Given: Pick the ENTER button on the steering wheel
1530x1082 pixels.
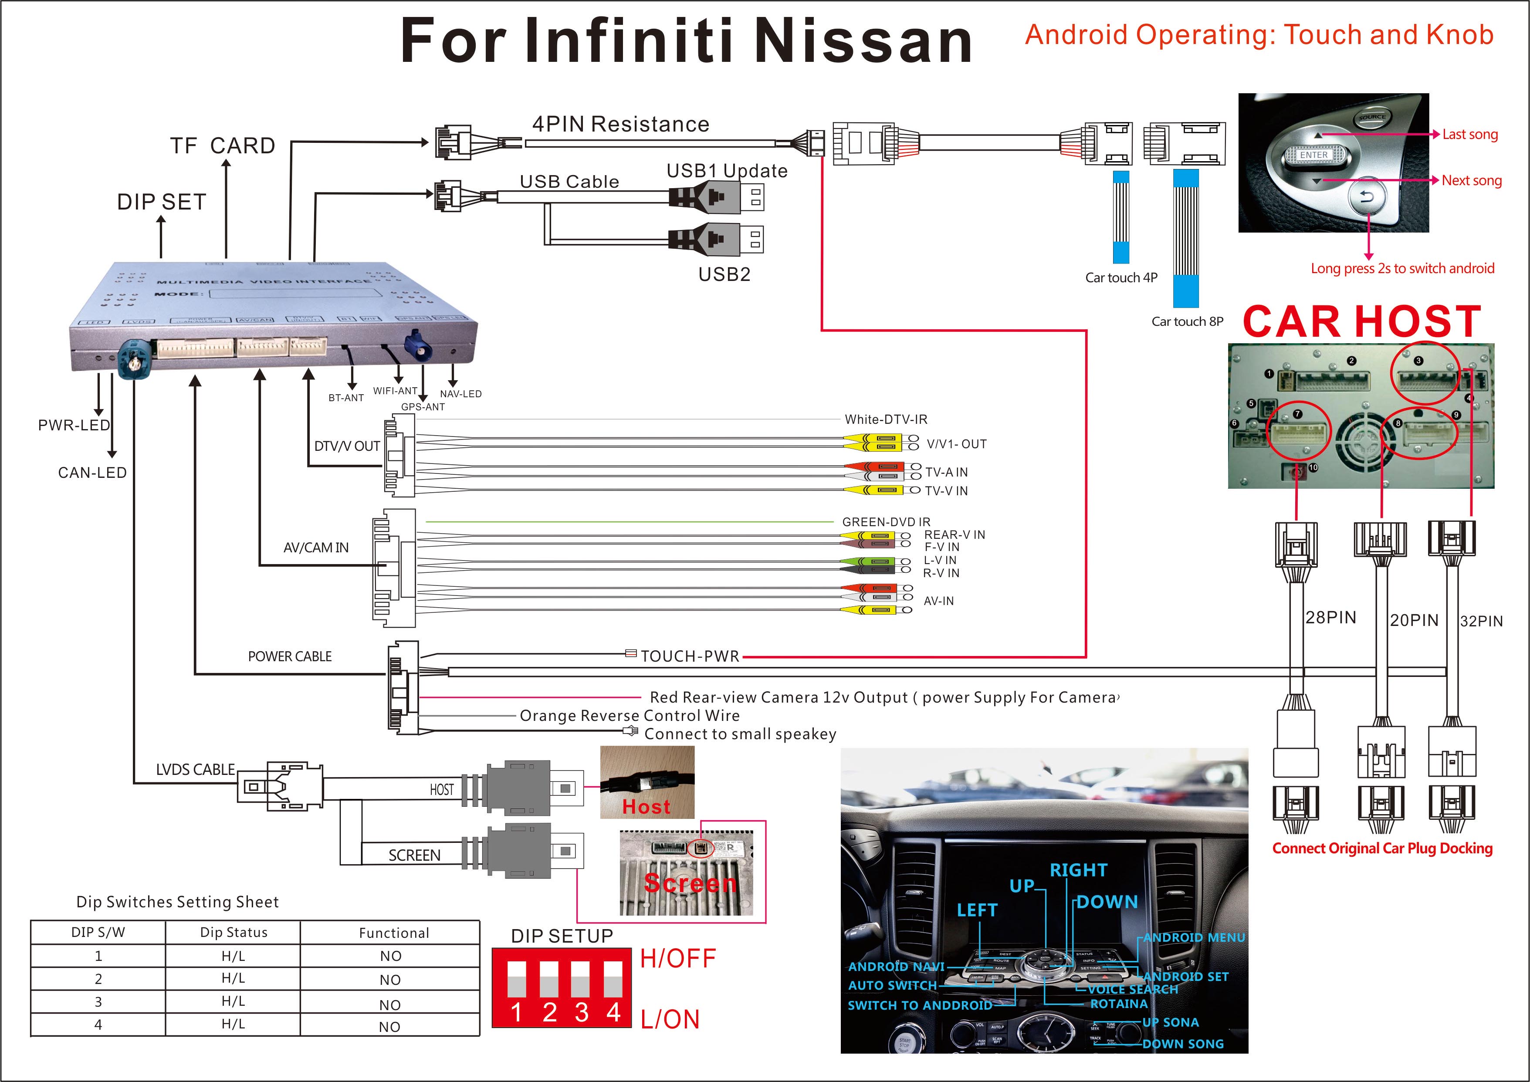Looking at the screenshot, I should click(1313, 155).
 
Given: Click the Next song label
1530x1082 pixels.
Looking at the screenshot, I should click(1471, 181).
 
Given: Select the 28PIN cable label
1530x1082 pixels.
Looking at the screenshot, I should click(1330, 618).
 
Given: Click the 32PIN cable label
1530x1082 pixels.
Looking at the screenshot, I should click(1481, 621).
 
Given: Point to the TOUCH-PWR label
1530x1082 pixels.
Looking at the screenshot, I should click(690, 656).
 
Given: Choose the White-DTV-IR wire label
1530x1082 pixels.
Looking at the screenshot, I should click(886, 419).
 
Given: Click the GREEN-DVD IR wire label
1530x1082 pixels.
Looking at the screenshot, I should click(886, 522).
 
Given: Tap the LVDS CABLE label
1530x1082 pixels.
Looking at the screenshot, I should click(195, 770).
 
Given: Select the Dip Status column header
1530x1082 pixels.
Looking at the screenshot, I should click(233, 932).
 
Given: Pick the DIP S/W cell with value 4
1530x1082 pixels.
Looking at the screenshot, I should click(98, 1025).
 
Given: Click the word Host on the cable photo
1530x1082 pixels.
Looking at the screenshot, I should click(646, 807).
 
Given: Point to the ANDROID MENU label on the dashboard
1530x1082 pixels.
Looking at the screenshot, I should click(1194, 937).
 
